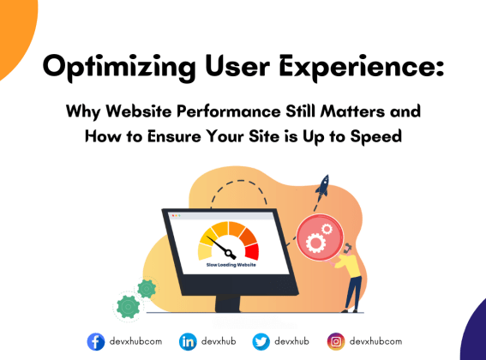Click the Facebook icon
(x=96, y=341)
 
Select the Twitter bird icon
(x=261, y=341)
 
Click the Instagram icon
(x=338, y=341)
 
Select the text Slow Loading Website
(x=229, y=266)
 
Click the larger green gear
(x=128, y=303)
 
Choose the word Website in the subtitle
(x=164, y=113)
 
